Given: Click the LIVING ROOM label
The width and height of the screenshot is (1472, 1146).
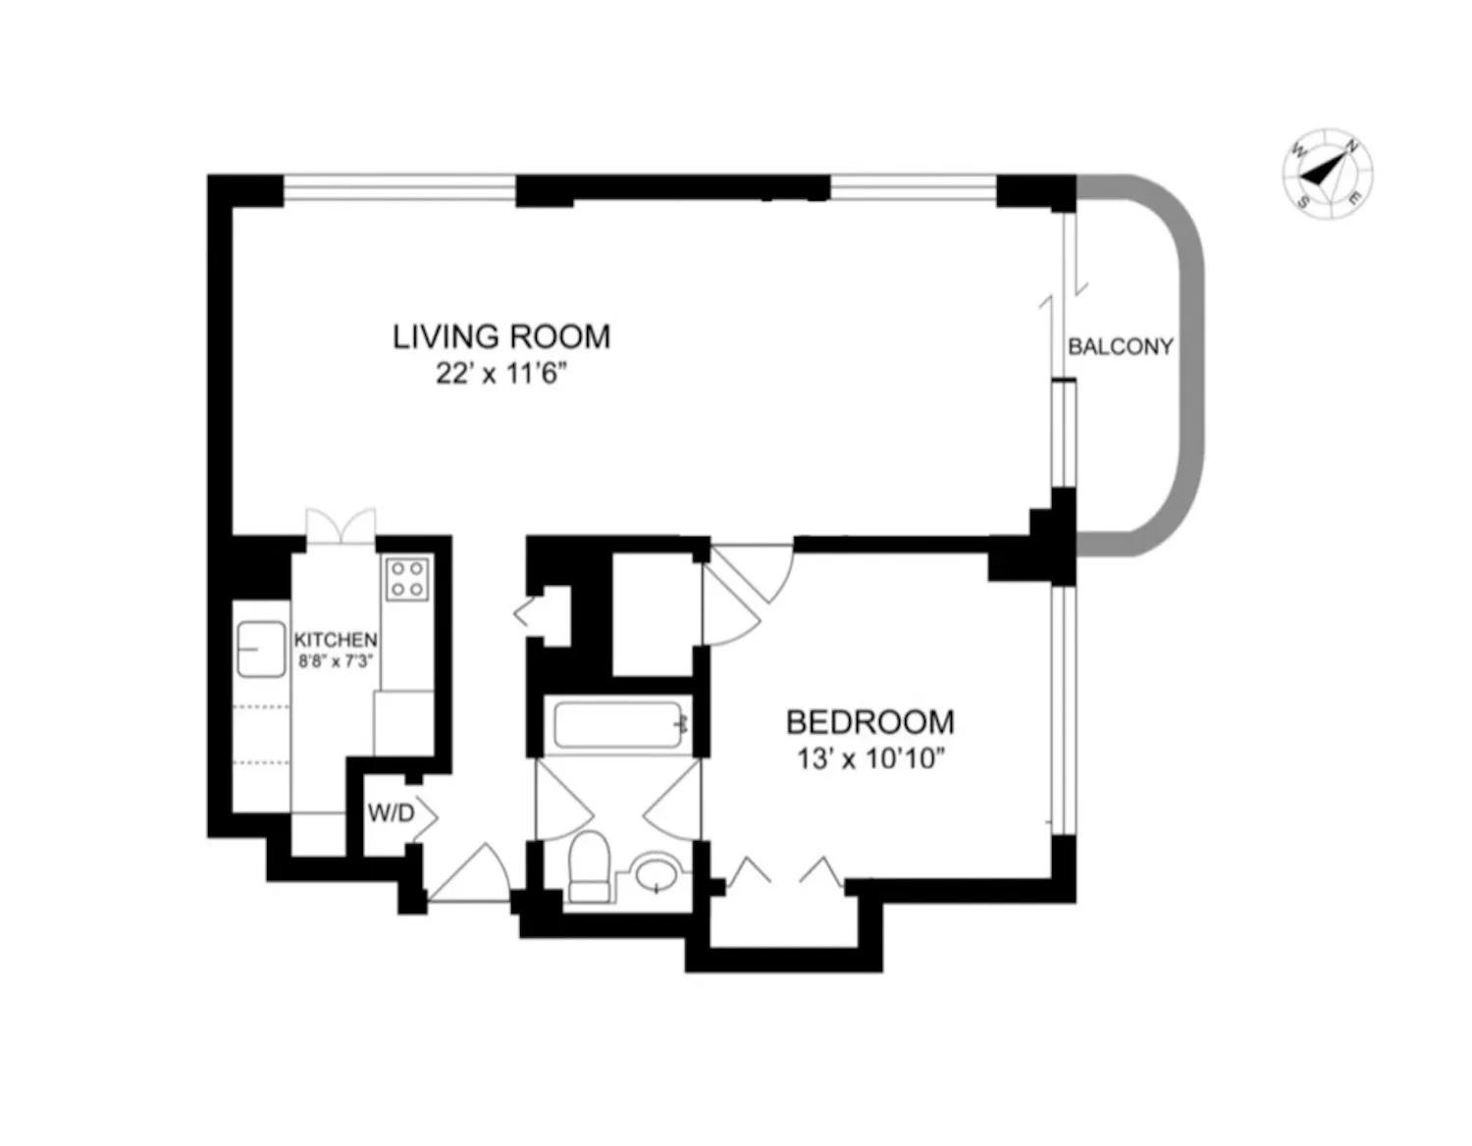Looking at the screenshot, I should click(500, 337).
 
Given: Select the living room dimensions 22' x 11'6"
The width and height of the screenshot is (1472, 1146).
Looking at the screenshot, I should click(501, 374).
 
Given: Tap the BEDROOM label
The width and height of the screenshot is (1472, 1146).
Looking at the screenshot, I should click(869, 722).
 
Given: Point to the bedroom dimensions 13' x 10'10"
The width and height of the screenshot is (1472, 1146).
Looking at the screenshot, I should click(869, 758).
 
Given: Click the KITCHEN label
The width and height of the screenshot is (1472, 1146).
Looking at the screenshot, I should click(336, 640).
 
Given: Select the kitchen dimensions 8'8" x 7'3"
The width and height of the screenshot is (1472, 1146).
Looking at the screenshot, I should click(336, 661).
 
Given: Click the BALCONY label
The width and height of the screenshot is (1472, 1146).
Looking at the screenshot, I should click(1120, 346).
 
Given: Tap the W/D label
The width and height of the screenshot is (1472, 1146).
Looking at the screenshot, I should click(390, 813).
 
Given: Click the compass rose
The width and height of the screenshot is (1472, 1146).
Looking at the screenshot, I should click(1327, 174).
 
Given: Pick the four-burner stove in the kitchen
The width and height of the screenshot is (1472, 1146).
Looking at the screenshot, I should click(406, 578).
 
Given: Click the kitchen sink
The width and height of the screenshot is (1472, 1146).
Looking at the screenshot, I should click(260, 649).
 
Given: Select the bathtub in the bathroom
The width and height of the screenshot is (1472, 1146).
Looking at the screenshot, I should click(617, 725).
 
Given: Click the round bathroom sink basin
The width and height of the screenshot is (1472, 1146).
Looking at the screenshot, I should click(657, 871).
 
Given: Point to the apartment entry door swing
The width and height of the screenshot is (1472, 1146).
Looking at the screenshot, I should click(471, 876).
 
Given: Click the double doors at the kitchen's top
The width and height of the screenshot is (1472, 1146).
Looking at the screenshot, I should click(341, 526).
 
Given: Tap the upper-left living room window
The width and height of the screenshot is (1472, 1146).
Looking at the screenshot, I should click(399, 187).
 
